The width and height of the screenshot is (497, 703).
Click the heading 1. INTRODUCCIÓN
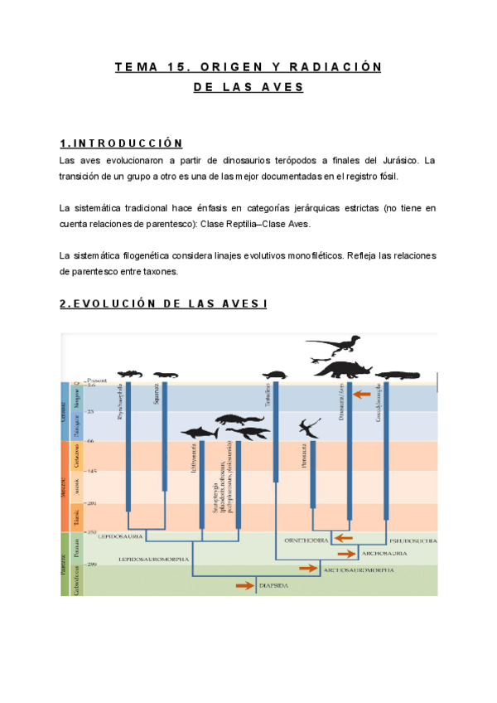tap(121, 143)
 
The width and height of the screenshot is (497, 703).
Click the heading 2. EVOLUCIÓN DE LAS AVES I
tap(163, 304)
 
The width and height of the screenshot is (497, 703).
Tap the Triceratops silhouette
tap(340, 369)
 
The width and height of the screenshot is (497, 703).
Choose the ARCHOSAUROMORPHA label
tap(358, 570)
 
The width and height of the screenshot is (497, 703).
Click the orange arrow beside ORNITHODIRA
tap(343, 540)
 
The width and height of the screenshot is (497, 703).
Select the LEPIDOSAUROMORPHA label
tap(153, 560)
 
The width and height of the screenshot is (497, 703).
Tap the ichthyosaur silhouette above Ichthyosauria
tap(204, 433)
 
